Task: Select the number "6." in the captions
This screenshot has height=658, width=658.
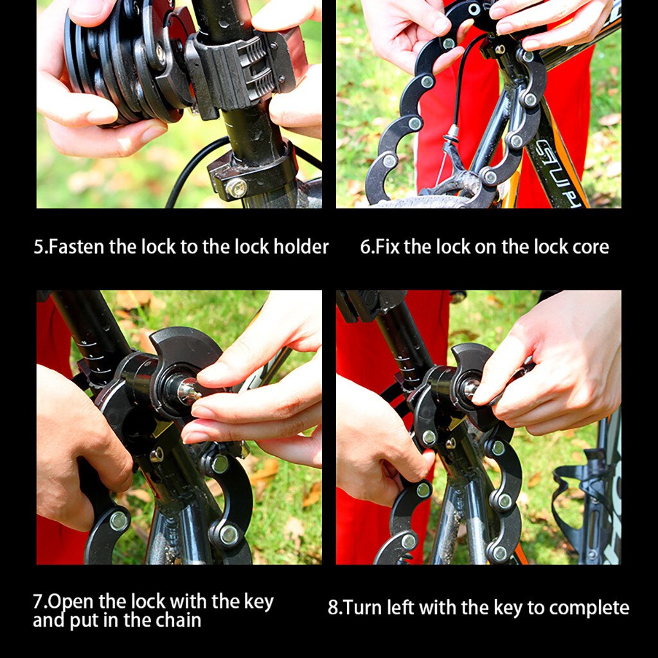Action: pos(367,247)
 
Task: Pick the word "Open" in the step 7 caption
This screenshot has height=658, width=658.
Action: pos(71,602)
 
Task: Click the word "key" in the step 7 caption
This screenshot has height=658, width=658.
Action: pos(257,602)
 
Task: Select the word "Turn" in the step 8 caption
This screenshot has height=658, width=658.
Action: pos(362,608)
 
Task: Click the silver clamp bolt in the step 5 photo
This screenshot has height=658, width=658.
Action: pos(236,188)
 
